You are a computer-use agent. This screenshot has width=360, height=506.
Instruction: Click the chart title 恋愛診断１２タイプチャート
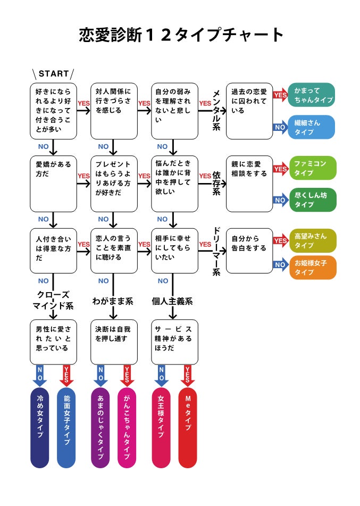[x=181, y=35]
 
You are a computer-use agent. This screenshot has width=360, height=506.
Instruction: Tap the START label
[x=54, y=73]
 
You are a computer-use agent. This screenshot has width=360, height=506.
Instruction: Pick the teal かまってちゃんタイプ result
[x=312, y=95]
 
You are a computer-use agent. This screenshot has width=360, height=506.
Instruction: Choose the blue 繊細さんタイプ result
[x=312, y=127]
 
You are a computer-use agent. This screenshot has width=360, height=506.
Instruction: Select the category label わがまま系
[x=112, y=302]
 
